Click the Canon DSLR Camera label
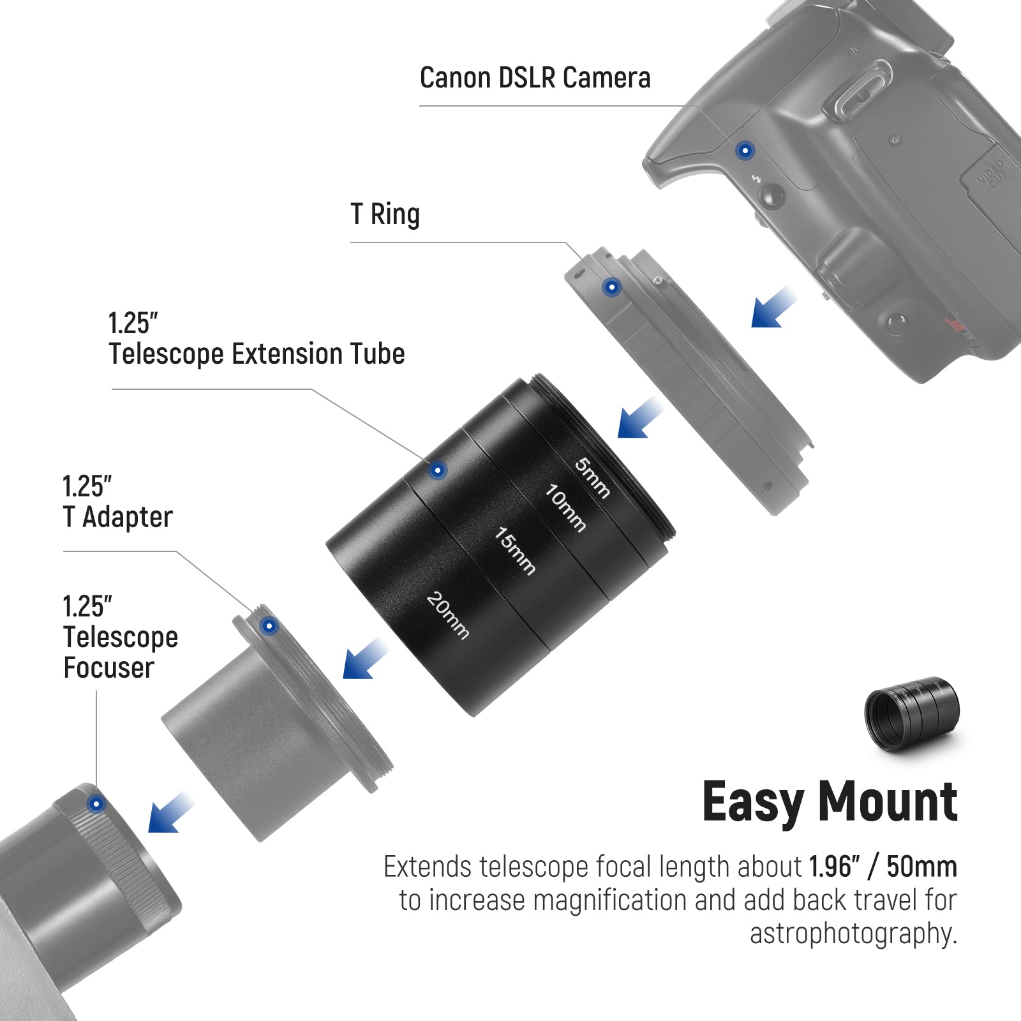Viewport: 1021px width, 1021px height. (x=535, y=78)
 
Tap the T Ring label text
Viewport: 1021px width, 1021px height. (x=385, y=214)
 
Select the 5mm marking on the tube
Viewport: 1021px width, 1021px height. (x=592, y=478)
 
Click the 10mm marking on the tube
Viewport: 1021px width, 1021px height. (x=565, y=508)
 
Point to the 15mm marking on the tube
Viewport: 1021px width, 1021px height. (x=515, y=551)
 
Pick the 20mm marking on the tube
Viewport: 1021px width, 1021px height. (x=447, y=616)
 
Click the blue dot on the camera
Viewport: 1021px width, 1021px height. (x=745, y=151)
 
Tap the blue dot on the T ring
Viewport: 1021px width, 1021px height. (x=611, y=287)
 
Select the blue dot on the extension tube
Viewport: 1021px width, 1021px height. (x=437, y=471)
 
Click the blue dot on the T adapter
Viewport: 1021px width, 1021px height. (x=269, y=626)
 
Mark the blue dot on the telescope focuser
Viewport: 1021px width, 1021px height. (x=96, y=804)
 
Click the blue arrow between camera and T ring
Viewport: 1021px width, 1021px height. (x=772, y=308)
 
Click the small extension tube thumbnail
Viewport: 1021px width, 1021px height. (x=911, y=713)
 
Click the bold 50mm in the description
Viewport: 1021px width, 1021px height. (x=921, y=867)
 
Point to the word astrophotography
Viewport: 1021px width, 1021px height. (x=853, y=933)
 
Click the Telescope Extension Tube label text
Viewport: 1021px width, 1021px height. (x=257, y=354)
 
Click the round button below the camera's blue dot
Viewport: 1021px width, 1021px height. (x=772, y=195)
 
